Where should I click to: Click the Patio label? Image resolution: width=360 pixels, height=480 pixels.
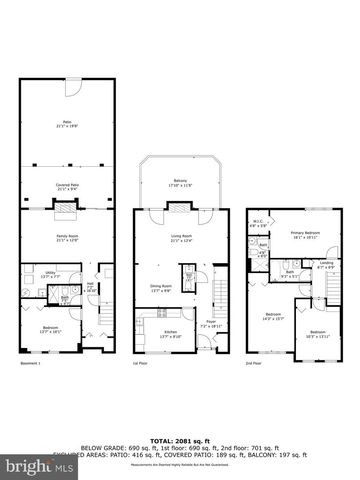[x=67, y=124]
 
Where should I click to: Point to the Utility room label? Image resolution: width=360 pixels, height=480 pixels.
[x=35, y=273]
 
